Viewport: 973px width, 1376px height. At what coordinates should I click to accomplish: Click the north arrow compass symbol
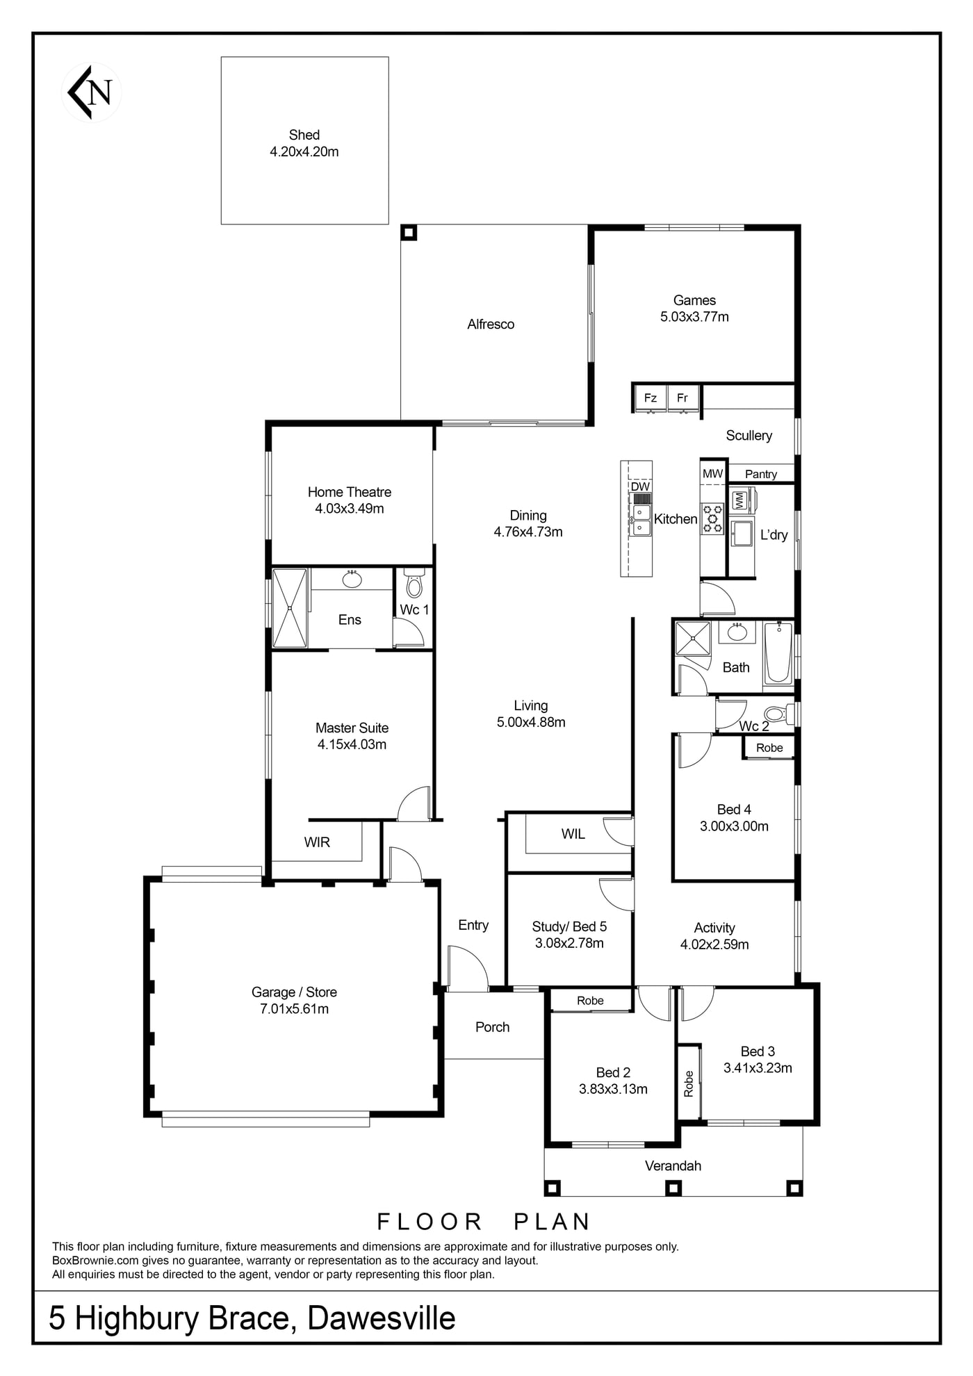tap(91, 92)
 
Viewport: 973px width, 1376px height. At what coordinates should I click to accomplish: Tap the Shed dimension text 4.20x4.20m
tap(304, 151)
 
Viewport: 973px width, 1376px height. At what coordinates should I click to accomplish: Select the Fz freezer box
tap(651, 398)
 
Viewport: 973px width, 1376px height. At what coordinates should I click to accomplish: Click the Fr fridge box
tap(682, 398)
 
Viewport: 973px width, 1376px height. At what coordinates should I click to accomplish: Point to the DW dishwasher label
tap(640, 486)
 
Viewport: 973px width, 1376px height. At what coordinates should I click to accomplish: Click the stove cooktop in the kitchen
tap(712, 519)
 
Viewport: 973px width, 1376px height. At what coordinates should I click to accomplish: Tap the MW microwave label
tap(713, 474)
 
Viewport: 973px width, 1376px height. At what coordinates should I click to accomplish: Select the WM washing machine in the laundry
tap(741, 500)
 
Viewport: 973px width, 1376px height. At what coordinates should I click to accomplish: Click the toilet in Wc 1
tap(414, 584)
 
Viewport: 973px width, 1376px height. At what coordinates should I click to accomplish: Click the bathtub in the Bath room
tap(778, 653)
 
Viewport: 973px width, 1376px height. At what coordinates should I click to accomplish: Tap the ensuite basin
tap(352, 578)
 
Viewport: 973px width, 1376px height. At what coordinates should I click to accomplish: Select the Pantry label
tap(761, 474)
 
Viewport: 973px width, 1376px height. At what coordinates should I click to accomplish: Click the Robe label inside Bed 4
tap(769, 748)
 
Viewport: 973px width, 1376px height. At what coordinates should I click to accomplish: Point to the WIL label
tap(573, 834)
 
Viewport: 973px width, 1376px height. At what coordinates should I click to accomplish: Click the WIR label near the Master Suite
tap(317, 842)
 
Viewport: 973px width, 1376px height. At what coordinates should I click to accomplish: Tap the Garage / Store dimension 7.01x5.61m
tap(294, 1009)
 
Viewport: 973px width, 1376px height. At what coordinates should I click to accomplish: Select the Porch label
tap(493, 1027)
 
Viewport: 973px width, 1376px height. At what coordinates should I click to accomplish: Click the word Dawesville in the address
tap(382, 1318)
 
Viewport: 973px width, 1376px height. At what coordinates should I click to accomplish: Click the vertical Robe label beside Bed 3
tap(689, 1083)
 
